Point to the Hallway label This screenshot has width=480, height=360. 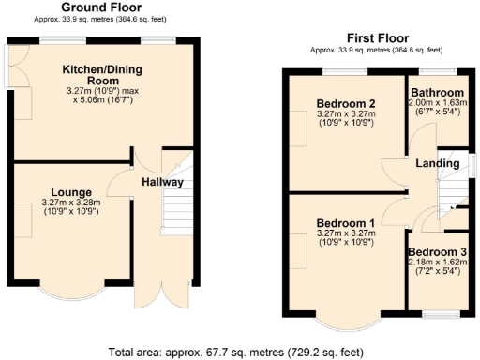coord(162,182)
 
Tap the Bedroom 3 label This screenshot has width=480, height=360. coord(437,253)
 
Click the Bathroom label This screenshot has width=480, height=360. coord(437,93)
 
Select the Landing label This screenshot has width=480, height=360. coord(438,163)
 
